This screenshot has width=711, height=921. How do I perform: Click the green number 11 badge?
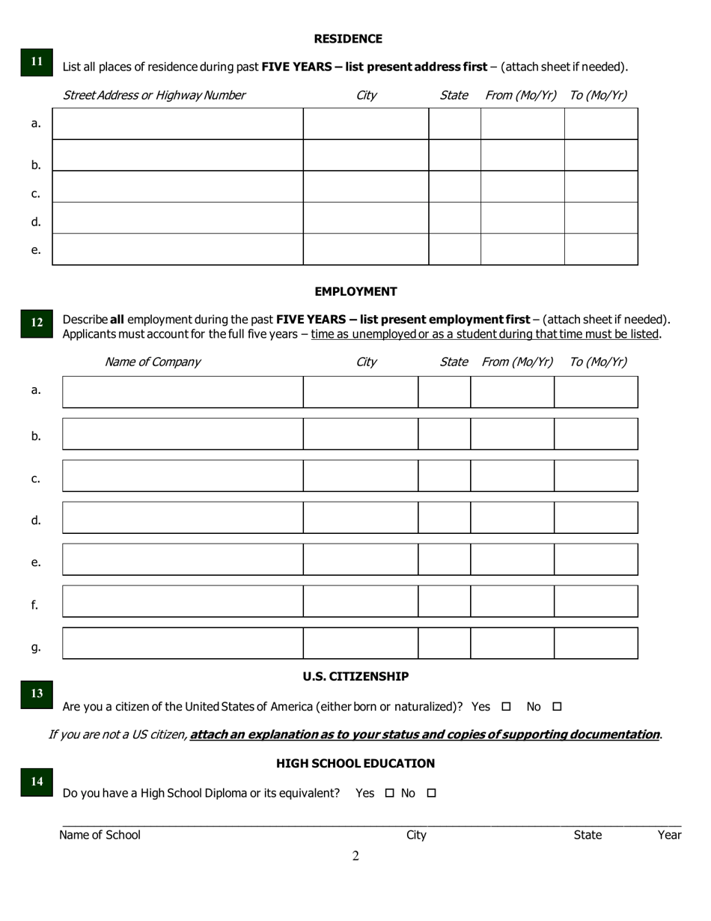[37, 62]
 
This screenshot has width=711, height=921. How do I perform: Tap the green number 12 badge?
[37, 323]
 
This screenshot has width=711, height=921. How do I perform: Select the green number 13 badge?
[37, 693]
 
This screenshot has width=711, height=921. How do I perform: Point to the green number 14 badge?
[37, 781]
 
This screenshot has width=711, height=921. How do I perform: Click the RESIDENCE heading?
[348, 39]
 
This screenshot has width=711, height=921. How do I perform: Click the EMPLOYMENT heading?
[355, 291]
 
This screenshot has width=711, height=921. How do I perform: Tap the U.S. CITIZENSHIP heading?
[355, 676]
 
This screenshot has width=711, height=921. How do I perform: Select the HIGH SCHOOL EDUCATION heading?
[355, 763]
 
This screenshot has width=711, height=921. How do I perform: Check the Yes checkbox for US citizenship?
[506, 706]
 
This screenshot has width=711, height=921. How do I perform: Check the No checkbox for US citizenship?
[556, 706]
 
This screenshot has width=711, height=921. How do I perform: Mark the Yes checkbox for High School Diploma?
[389, 793]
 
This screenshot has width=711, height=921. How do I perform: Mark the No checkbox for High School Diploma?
[431, 793]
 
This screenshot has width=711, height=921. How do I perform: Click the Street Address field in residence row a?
[177, 124]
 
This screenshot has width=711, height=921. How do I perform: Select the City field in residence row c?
[365, 186]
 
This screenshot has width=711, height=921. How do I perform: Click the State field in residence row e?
[454, 249]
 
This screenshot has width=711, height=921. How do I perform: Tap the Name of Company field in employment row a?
[183, 392]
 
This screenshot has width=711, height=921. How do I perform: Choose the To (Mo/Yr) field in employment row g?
[596, 644]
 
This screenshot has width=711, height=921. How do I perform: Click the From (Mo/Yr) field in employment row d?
[512, 518]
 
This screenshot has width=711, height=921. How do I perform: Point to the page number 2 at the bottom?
[355, 856]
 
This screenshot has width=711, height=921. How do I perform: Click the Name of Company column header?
[153, 362]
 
